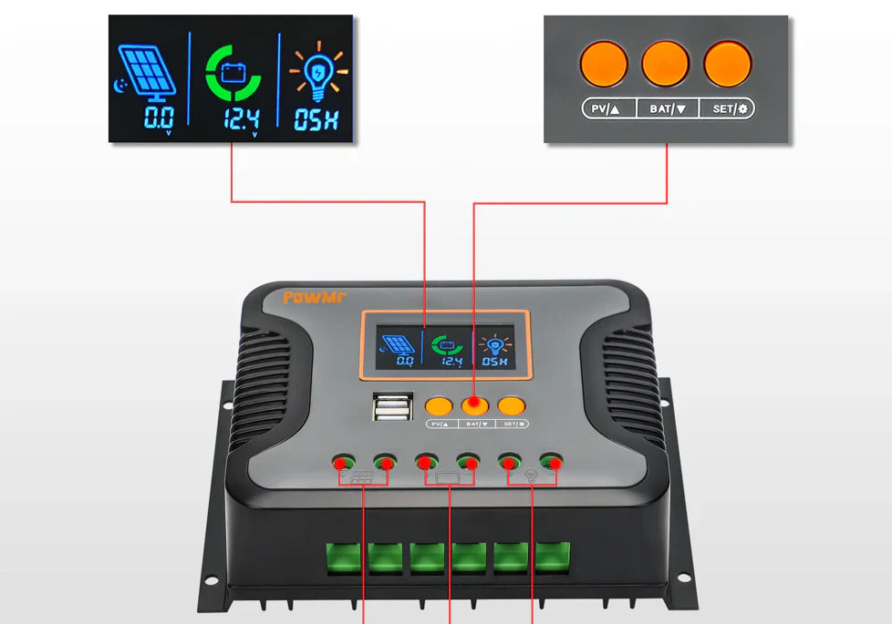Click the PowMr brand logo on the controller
pyautogui.click(x=315, y=296)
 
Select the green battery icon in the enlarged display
pyautogui.click(x=232, y=72)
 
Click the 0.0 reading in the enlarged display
pyautogui.click(x=158, y=118)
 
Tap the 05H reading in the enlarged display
pyautogui.click(x=316, y=119)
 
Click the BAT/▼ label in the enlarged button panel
pyautogui.click(x=668, y=109)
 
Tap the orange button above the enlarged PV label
pyautogui.click(x=604, y=64)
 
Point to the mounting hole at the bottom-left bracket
pyautogui.click(x=211, y=580)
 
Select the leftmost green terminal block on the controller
pyautogui.click(x=345, y=558)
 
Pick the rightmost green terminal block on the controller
pyautogui.click(x=552, y=558)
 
